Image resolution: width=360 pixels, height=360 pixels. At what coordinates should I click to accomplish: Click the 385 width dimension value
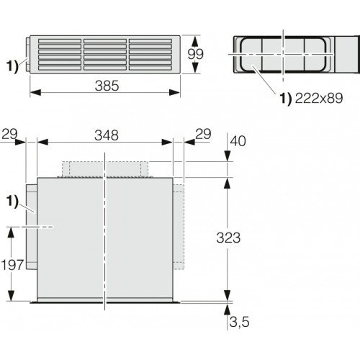pos(107,86)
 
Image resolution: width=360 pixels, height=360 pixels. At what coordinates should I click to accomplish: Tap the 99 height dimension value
pos(196,54)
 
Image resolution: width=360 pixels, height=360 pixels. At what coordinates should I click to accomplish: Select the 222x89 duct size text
pos(319,98)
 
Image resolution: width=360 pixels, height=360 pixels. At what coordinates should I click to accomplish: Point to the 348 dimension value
pos(107,135)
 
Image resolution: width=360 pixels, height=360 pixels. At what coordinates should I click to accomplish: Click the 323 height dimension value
pos(228,238)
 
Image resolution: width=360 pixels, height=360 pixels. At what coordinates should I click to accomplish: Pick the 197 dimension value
pos(12,265)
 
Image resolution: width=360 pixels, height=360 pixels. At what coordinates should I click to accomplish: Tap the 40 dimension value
pos(238,141)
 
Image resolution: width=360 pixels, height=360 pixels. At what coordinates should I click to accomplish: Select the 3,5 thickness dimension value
pos(239,322)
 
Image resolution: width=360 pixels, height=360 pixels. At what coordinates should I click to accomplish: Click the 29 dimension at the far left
pos(9,134)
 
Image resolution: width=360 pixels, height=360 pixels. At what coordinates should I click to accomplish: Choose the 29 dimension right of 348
pos(203,134)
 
